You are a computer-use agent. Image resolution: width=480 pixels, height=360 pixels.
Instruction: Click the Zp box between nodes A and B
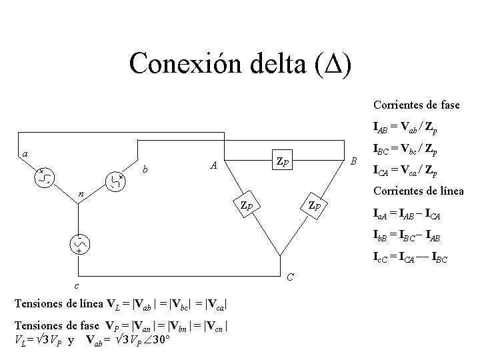(x=284, y=162)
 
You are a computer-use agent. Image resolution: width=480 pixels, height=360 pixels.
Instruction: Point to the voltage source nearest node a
(x=46, y=176)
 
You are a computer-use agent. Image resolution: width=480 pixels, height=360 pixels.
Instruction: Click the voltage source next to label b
(x=115, y=180)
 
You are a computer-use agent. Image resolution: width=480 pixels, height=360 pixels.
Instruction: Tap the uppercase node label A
(x=213, y=165)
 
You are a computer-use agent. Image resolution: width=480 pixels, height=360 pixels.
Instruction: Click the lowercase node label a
(x=25, y=154)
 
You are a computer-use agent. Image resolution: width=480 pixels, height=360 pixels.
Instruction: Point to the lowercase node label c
(x=76, y=286)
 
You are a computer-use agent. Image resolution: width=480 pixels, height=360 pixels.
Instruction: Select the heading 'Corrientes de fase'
(x=416, y=105)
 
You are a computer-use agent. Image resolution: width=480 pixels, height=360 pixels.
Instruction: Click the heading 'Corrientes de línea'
(x=416, y=193)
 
